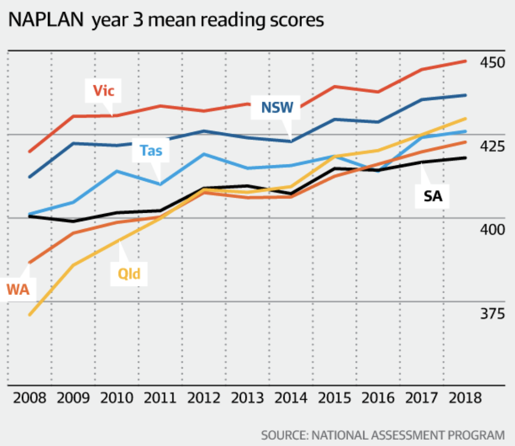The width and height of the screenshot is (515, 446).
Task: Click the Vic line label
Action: click(103, 91)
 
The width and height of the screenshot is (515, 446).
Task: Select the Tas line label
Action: click(151, 151)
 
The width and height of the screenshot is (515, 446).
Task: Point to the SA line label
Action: click(433, 196)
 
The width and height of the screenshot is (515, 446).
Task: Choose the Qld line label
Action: click(129, 273)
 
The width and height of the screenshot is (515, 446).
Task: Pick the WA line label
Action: click(18, 290)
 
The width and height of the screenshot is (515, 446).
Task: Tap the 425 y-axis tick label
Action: click(492, 146)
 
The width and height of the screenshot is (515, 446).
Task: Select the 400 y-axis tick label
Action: click(492, 230)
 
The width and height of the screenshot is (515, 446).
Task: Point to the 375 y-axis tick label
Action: click(492, 314)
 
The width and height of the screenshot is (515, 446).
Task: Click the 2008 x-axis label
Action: click(29, 397)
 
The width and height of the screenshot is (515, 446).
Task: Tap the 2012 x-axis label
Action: click(204, 397)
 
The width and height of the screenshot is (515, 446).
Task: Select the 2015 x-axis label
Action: click(335, 397)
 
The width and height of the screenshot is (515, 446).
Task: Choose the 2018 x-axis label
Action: click(465, 397)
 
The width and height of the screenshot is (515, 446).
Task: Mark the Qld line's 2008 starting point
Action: click(30, 315)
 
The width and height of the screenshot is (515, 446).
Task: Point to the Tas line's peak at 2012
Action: click(204, 154)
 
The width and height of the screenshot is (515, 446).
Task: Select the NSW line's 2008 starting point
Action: click(30, 177)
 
